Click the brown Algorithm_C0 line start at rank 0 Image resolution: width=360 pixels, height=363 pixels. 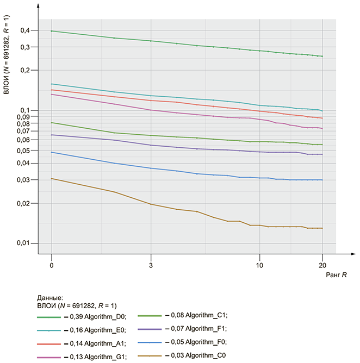pyautogui.click(x=51, y=178)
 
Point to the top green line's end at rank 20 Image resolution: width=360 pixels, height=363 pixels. pyautogui.click(x=322, y=57)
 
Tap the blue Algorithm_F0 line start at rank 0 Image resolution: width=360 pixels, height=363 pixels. pyautogui.click(x=51, y=152)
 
